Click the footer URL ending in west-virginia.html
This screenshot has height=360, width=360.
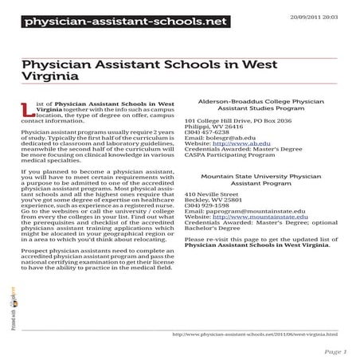tap(254, 334)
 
